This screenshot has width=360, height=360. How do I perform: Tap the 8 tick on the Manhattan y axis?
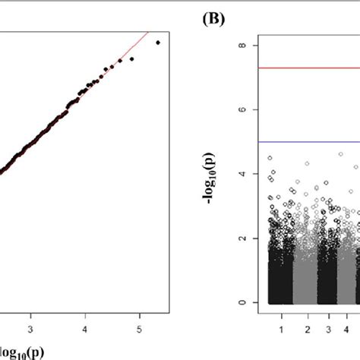[x=241, y=46]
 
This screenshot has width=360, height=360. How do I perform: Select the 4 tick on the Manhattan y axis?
[x=241, y=174]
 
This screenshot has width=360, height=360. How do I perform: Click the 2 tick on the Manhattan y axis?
[x=241, y=238]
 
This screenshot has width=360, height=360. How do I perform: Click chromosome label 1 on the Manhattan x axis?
[x=281, y=330]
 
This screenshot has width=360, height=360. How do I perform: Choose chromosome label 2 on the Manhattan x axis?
[x=308, y=330]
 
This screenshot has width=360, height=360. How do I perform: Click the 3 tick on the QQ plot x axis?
[x=31, y=330]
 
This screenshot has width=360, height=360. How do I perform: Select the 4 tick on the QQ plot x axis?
[x=85, y=330]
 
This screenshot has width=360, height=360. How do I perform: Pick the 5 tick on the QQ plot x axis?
[x=139, y=330]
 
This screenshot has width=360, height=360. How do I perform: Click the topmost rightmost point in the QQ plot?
[x=157, y=43]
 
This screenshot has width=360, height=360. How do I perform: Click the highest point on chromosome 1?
[x=270, y=158]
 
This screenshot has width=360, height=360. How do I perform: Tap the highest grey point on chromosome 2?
[x=307, y=163]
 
